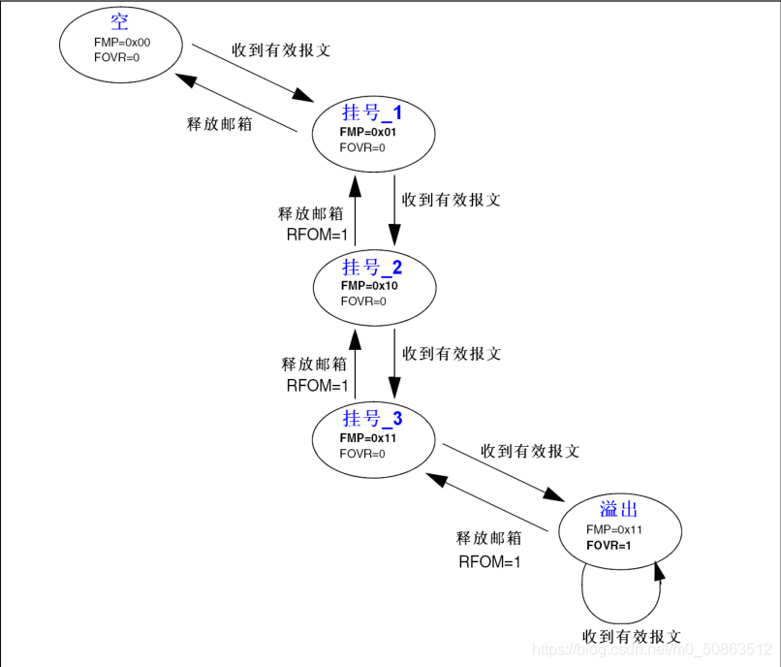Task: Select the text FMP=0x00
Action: pos(122,43)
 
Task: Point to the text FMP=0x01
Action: pos(368,132)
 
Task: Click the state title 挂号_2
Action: pos(372,268)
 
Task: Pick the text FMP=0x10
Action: pos(369,286)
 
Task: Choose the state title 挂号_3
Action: pos(372,419)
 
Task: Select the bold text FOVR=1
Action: pos(609,546)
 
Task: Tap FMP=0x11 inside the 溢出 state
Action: pos(614,530)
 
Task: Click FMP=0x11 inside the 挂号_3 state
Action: pos(368,438)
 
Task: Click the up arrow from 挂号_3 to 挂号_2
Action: pos(355,363)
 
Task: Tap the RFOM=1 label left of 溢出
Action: pos(489,561)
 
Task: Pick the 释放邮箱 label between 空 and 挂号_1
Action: pos(219,124)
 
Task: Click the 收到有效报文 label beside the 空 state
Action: pos(281,49)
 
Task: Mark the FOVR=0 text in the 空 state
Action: pos(117,58)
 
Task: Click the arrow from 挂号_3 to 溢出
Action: pos(504,473)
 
